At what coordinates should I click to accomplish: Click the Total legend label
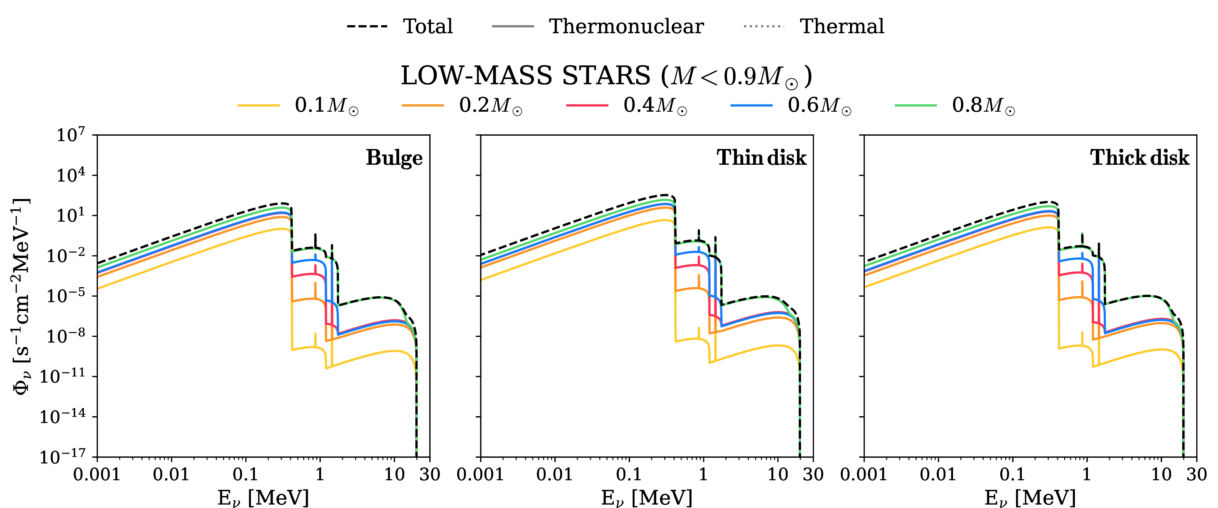tap(428, 26)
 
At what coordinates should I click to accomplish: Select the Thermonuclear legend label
tap(626, 26)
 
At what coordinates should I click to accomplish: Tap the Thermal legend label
tap(842, 26)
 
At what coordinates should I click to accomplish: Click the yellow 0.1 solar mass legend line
tap(259, 105)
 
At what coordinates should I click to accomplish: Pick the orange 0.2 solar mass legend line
tap(423, 105)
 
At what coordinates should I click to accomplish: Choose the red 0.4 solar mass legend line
tap(587, 105)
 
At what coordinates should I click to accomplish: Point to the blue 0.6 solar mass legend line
tap(751, 105)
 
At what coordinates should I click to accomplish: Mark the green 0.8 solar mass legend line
tap(916, 105)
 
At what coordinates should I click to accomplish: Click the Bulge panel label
tap(394, 158)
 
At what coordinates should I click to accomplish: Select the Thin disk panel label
tap(761, 158)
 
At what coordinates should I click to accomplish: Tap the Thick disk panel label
tap(1140, 158)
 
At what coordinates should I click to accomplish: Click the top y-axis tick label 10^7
tap(71, 135)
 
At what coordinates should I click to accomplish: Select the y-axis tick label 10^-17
tap(63, 457)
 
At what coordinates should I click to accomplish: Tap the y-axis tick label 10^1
tap(71, 216)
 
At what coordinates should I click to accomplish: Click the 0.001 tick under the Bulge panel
tap(97, 474)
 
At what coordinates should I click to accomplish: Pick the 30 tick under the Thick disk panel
tap(1196, 474)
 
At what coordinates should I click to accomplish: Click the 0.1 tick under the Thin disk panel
tap(629, 474)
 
